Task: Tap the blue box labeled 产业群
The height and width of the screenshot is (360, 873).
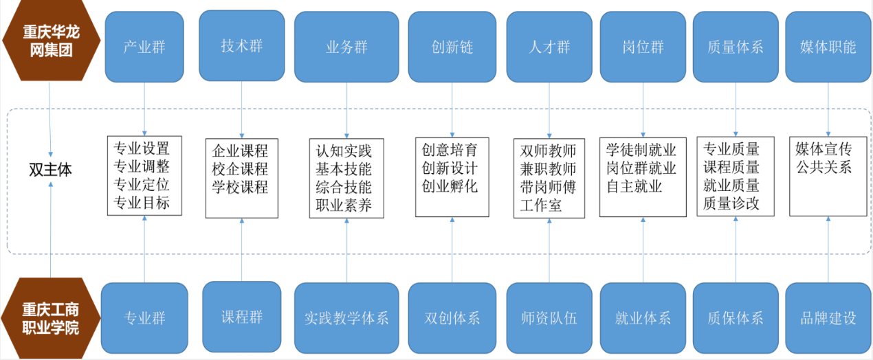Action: tap(145, 47)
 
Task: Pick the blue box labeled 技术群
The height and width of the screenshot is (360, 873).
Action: tap(241, 45)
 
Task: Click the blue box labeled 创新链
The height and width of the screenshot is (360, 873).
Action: tap(452, 47)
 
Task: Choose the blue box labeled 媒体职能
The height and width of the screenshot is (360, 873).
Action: tap(828, 47)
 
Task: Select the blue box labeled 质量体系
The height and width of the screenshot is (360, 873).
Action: tap(735, 47)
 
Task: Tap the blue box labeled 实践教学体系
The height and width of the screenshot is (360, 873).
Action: tap(346, 318)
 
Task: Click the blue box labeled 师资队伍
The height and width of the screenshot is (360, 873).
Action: tap(549, 318)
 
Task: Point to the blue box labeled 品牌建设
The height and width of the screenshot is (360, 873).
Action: tap(828, 318)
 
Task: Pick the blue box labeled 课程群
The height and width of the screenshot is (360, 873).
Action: tap(241, 317)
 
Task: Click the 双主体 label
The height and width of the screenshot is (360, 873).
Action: tap(50, 169)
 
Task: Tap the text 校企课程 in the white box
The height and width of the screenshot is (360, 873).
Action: tap(240, 169)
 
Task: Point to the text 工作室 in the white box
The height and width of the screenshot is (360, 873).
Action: tap(541, 205)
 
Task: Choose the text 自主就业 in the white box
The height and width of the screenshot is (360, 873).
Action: tap(634, 186)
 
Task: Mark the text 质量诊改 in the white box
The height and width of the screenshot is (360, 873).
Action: tap(731, 203)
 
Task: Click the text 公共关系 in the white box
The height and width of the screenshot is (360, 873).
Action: tap(824, 167)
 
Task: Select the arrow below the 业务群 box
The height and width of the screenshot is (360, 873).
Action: tap(346, 110)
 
